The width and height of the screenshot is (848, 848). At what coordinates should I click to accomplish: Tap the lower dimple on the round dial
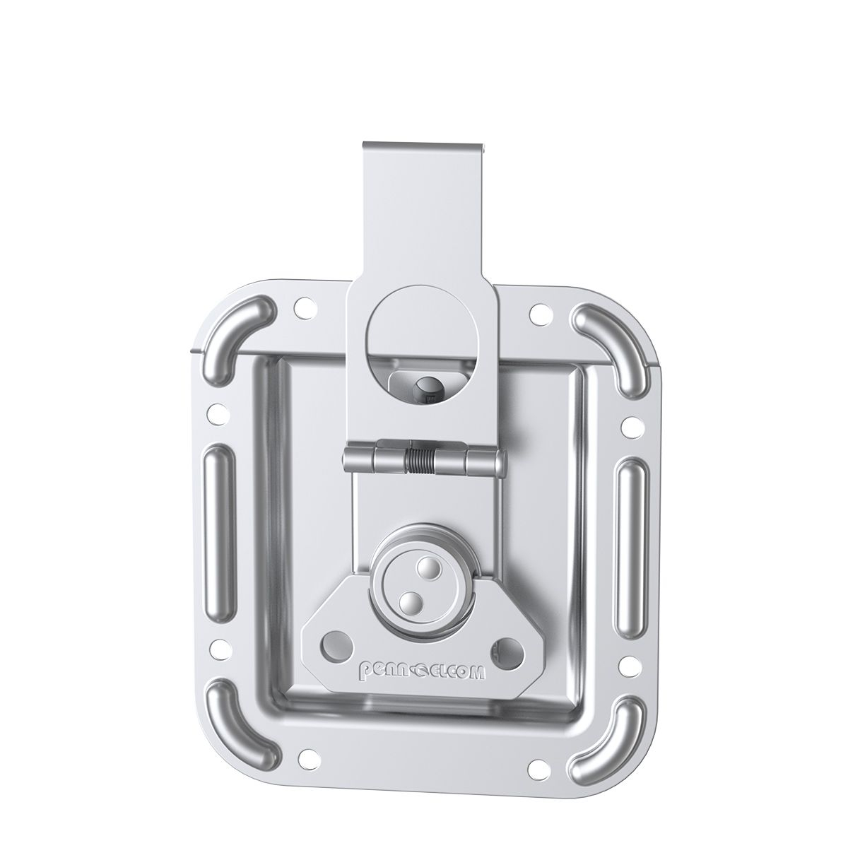click(x=408, y=602)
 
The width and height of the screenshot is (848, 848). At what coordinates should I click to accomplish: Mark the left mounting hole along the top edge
click(x=302, y=308)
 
